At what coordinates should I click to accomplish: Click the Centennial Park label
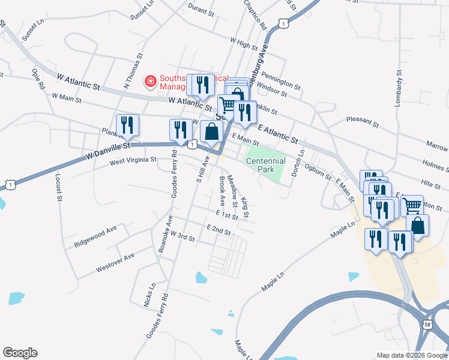tap(265, 165)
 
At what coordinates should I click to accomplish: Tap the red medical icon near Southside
tap(150, 81)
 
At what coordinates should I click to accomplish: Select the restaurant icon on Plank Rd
tap(127, 125)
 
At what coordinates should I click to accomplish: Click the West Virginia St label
tap(133, 160)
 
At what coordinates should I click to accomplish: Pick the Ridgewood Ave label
tap(95, 237)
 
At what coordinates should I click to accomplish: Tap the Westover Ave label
tap(115, 263)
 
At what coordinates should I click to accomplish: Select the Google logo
tap(20, 353)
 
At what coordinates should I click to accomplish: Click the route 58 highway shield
tap(427, 324)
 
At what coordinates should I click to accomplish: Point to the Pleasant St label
tap(363, 122)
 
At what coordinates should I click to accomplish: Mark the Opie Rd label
tap(37, 79)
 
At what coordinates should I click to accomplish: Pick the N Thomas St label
tap(133, 71)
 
